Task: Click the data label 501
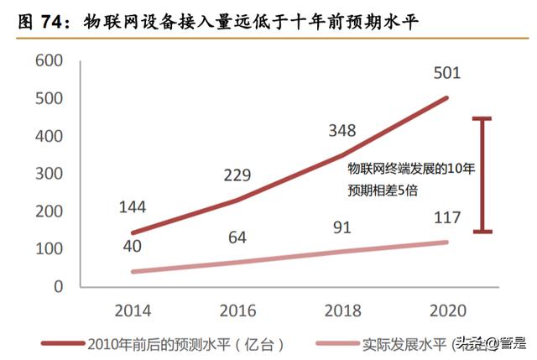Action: (447, 74)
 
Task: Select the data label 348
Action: (341, 131)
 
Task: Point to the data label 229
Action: (237, 175)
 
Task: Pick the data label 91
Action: (341, 228)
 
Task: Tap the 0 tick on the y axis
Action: (59, 286)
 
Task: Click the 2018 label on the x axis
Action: (342, 310)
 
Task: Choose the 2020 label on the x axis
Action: (447, 310)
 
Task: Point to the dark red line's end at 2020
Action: (447, 97)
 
